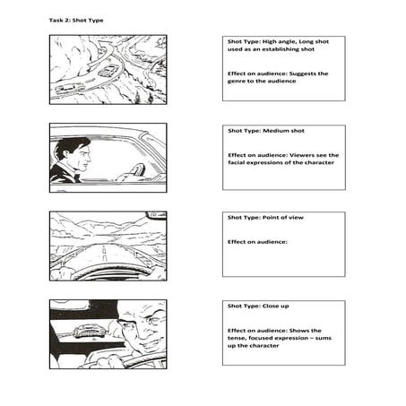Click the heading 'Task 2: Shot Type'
76,21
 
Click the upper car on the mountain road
108,71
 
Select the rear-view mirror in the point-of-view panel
156,215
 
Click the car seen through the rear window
90,331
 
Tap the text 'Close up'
275,306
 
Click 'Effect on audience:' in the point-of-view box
257,242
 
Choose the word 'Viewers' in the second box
302,155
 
